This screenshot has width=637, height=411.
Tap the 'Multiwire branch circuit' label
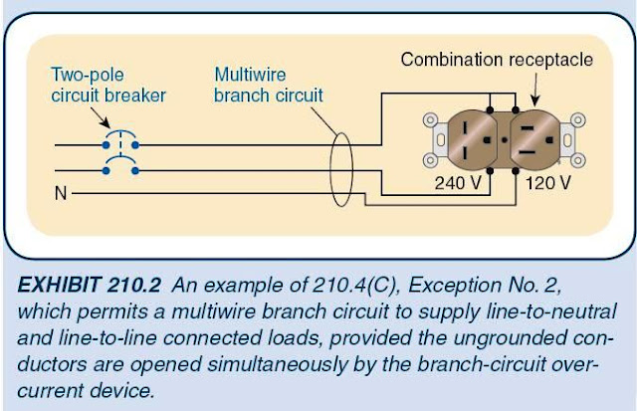[269, 85]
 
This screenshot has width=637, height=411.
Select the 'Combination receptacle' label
[497, 60]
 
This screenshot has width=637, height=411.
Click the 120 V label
[545, 183]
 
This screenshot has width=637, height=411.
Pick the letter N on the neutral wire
[59, 193]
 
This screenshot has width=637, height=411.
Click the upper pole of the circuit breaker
[120, 142]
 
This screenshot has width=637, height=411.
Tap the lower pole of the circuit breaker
[120, 169]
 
